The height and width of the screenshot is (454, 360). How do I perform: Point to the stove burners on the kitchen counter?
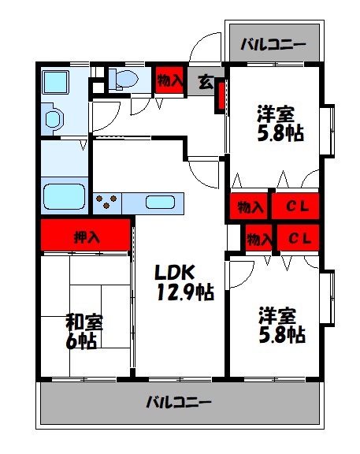(x=107, y=203)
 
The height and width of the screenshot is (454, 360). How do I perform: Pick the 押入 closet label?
(x=86, y=235)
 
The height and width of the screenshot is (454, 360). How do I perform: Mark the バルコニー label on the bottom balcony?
(x=179, y=403)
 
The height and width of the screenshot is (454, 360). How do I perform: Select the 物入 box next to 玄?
(x=170, y=80)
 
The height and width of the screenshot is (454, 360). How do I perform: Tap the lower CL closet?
(x=298, y=237)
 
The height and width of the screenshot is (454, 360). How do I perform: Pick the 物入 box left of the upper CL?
(x=251, y=207)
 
